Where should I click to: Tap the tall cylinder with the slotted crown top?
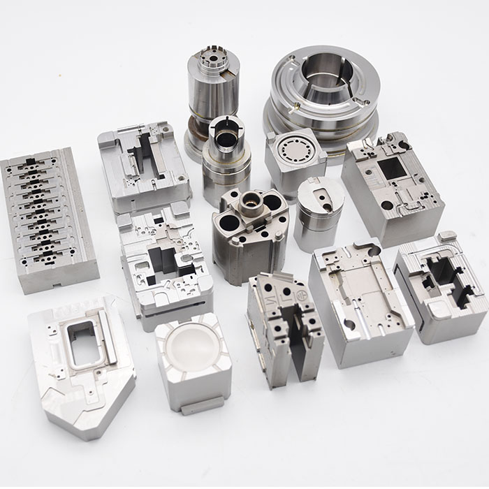coord(213,84)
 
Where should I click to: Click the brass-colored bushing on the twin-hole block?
coord(249,204)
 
